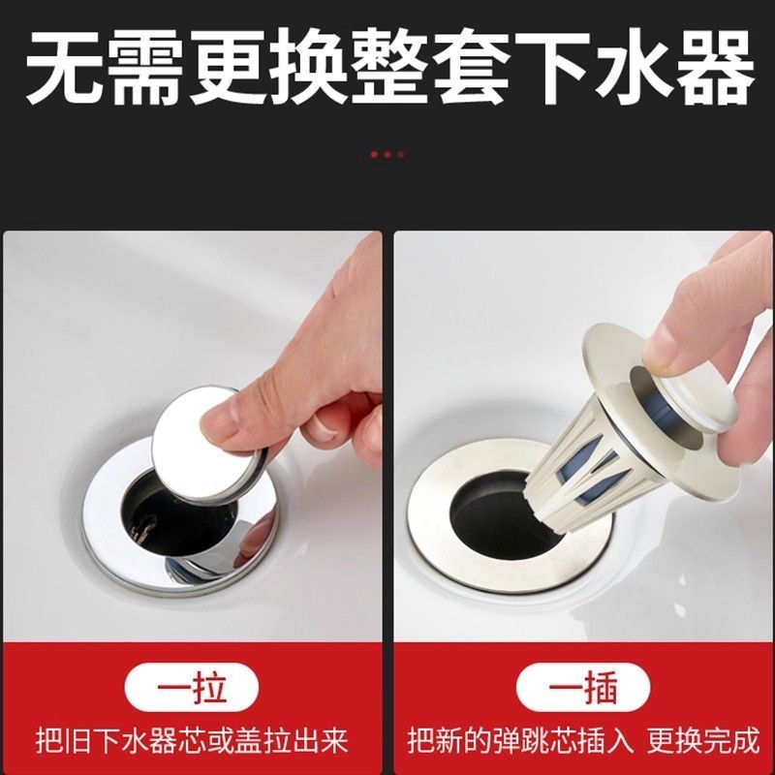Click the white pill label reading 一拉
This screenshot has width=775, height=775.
[191, 688]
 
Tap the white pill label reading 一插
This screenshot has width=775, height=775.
[583, 688]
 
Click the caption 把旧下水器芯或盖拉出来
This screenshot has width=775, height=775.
[192, 740]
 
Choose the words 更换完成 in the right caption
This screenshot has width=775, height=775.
[703, 740]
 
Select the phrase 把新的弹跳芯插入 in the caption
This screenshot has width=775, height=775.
[520, 740]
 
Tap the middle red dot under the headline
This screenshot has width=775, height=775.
[387, 154]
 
